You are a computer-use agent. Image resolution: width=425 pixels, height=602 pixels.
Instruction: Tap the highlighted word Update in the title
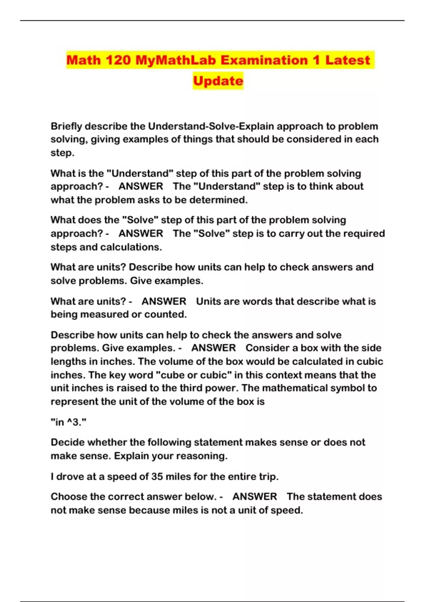pyautogui.click(x=218, y=81)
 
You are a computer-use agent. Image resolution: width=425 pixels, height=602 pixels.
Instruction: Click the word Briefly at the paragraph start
pyautogui.click(x=66, y=126)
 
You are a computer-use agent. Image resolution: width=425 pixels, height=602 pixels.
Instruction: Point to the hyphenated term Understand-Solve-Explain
pyautogui.click(x=211, y=126)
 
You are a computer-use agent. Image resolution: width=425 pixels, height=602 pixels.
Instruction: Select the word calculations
pyautogui.click(x=131, y=247)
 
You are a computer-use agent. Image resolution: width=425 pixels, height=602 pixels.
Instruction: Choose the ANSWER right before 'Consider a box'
pyautogui.click(x=214, y=348)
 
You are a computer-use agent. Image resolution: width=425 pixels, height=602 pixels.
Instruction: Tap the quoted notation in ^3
pyautogui.click(x=69, y=422)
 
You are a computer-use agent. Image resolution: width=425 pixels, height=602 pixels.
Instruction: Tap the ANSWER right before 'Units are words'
pyautogui.click(x=164, y=301)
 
